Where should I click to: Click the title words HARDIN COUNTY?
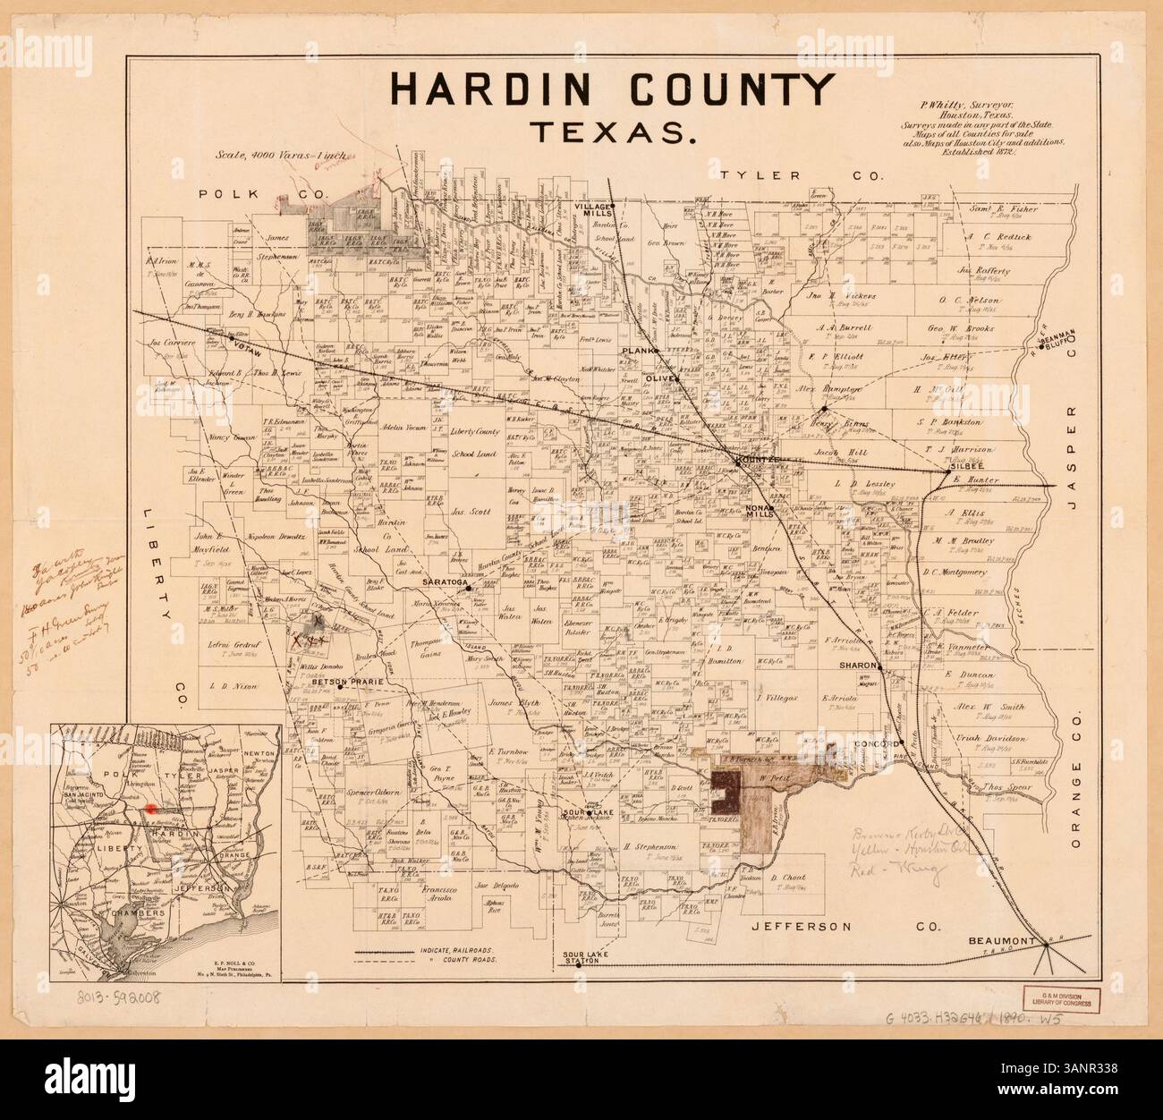pyautogui.click(x=613, y=89)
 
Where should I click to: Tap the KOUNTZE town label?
pyautogui.click(x=757, y=459)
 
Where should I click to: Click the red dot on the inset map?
pyautogui.click(x=150, y=806)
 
